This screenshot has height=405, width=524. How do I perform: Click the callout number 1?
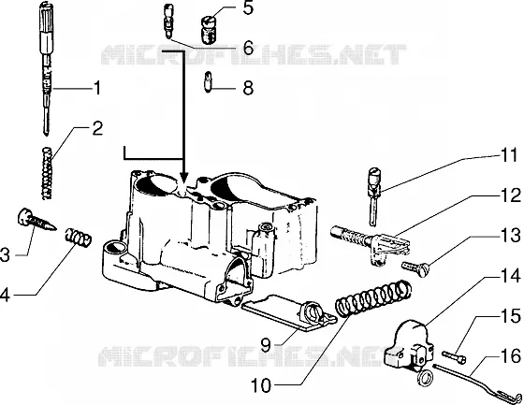coord(96,88)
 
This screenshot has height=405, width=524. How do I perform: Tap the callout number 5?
coord(248,7)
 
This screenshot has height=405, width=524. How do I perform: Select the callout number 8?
coord(248,88)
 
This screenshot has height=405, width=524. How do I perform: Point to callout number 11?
coord(509,155)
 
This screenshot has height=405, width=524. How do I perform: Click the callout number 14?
coord(510,276)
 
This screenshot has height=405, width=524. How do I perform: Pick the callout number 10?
coord(261,385)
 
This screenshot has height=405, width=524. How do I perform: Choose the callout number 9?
coord(266,345)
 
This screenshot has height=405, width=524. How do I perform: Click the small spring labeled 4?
coord(78,238)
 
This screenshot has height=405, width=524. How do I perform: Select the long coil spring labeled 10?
coord(373,298)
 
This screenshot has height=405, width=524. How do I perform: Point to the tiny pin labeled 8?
coord(208,81)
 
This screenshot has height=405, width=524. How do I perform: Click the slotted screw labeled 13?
coord(415,268)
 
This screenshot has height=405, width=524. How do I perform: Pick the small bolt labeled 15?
coord(454,356)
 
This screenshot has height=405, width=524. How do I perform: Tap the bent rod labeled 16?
coord(477,382)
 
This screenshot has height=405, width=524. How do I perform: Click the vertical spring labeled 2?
coord(48,173)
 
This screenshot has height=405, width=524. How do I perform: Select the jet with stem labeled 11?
coord(374,196)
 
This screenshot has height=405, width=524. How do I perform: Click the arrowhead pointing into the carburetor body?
coord(183,177)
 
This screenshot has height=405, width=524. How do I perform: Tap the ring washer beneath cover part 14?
coord(426,378)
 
